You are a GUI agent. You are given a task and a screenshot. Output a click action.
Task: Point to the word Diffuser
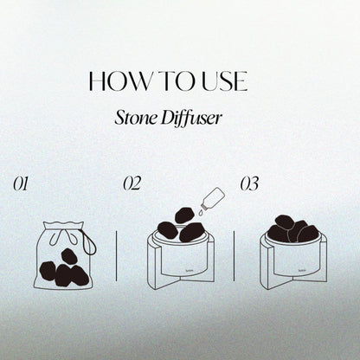click(x=191, y=118)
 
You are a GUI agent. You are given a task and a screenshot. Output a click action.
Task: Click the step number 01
click(x=21, y=184)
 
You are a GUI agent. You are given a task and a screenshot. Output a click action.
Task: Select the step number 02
click(x=132, y=183)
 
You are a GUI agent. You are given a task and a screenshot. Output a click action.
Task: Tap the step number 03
click(x=249, y=183)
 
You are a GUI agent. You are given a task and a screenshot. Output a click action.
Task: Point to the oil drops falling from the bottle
click(x=200, y=213)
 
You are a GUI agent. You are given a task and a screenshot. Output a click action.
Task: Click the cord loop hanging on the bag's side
click(x=89, y=241)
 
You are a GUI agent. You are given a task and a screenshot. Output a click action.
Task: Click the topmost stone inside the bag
click(x=69, y=256)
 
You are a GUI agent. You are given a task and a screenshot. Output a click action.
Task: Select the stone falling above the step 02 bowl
click(x=184, y=215)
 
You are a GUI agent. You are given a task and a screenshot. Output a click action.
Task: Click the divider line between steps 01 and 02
click(x=117, y=255)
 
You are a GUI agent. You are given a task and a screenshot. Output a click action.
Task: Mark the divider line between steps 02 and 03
click(x=234, y=255)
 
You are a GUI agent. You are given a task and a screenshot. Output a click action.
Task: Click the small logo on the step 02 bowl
click(x=188, y=271)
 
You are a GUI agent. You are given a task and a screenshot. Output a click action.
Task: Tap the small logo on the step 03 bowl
click(x=301, y=271)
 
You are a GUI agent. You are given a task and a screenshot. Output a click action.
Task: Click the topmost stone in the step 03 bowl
click(x=285, y=222)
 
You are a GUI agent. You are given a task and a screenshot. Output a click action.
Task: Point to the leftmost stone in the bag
click(x=48, y=271)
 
